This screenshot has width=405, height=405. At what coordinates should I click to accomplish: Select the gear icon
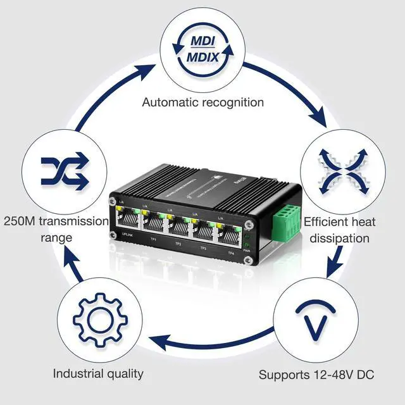(96, 315)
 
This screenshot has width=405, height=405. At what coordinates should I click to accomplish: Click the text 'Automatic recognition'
(202, 102)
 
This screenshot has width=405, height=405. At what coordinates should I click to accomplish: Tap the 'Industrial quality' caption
(98, 373)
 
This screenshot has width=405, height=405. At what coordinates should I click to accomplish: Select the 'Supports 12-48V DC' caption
(316, 375)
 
